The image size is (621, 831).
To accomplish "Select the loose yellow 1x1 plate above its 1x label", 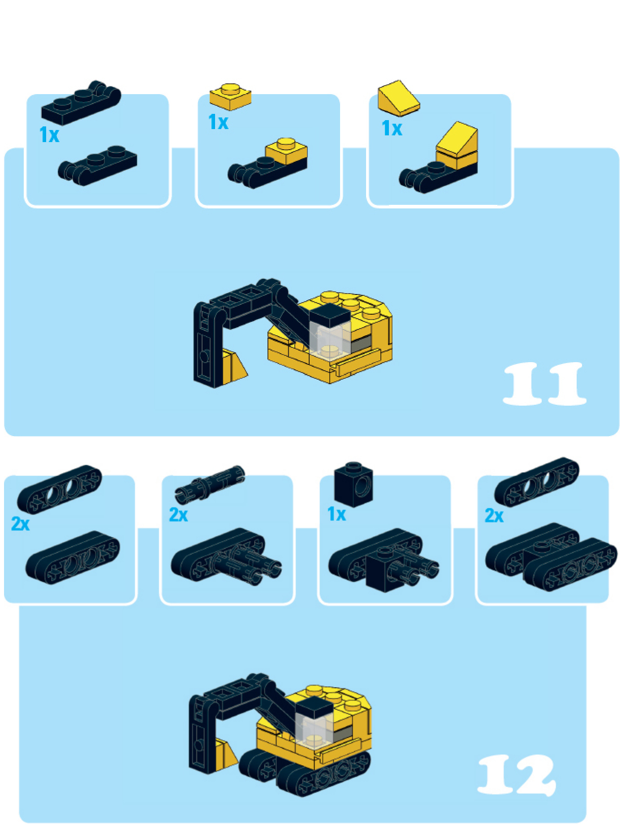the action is click(x=230, y=96).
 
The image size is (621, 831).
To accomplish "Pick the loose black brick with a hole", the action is click(x=354, y=484).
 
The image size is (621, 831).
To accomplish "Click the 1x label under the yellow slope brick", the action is click(x=392, y=128).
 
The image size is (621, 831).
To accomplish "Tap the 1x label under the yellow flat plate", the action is click(x=219, y=122).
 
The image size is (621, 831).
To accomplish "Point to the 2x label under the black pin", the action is click(x=178, y=515).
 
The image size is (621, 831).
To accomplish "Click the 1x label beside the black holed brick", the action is click(x=337, y=514).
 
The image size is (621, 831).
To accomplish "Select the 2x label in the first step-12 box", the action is click(x=20, y=524).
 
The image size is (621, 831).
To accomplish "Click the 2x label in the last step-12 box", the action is click(x=494, y=515).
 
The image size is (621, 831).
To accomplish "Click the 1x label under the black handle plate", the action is click(x=49, y=134).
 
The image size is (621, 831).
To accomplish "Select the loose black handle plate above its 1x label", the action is click(x=81, y=103).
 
